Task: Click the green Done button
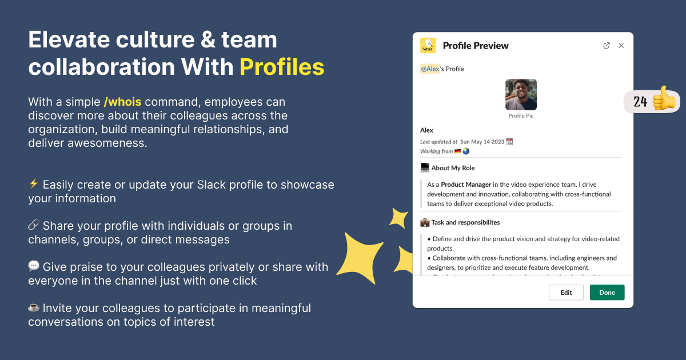tap(607, 293)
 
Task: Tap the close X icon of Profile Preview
tap(621, 46)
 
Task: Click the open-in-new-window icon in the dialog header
tap(607, 46)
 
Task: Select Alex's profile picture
tap(521, 94)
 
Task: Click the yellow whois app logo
tap(428, 46)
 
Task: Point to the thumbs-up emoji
tap(664, 100)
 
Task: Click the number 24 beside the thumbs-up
tap(640, 102)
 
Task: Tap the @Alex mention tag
tap(430, 69)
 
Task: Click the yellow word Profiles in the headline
tap(282, 67)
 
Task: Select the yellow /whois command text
tap(122, 102)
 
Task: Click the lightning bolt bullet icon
tap(33, 184)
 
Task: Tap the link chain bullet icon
tap(33, 225)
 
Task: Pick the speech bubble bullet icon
tap(33, 266)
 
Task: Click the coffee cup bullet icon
tap(33, 307)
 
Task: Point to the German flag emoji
tap(457, 151)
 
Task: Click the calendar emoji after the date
tap(510, 142)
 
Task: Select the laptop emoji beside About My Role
tap(425, 168)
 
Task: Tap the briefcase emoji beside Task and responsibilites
tap(425, 222)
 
